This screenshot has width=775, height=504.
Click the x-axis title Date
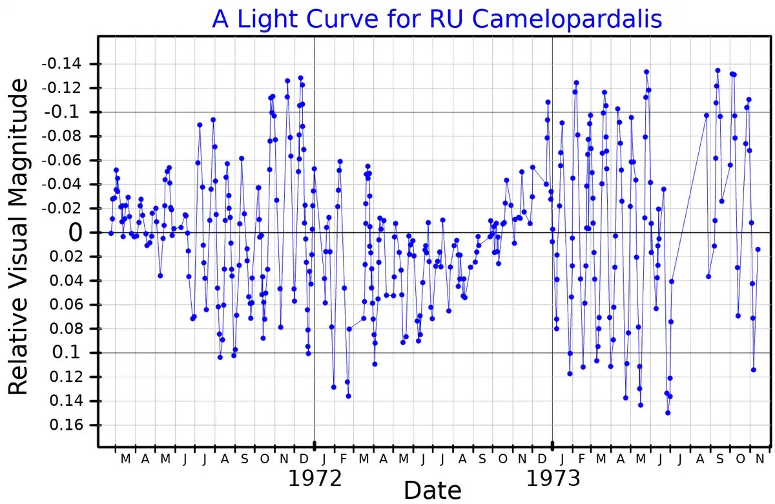[x=432, y=490]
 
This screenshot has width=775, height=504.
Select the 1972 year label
[x=315, y=479]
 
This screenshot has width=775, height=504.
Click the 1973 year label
[x=553, y=479]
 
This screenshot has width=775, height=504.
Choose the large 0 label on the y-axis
[x=76, y=233]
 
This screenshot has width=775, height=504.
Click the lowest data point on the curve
[x=667, y=413]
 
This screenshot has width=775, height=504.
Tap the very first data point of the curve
[x=111, y=233]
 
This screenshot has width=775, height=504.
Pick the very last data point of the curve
[x=758, y=249]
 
